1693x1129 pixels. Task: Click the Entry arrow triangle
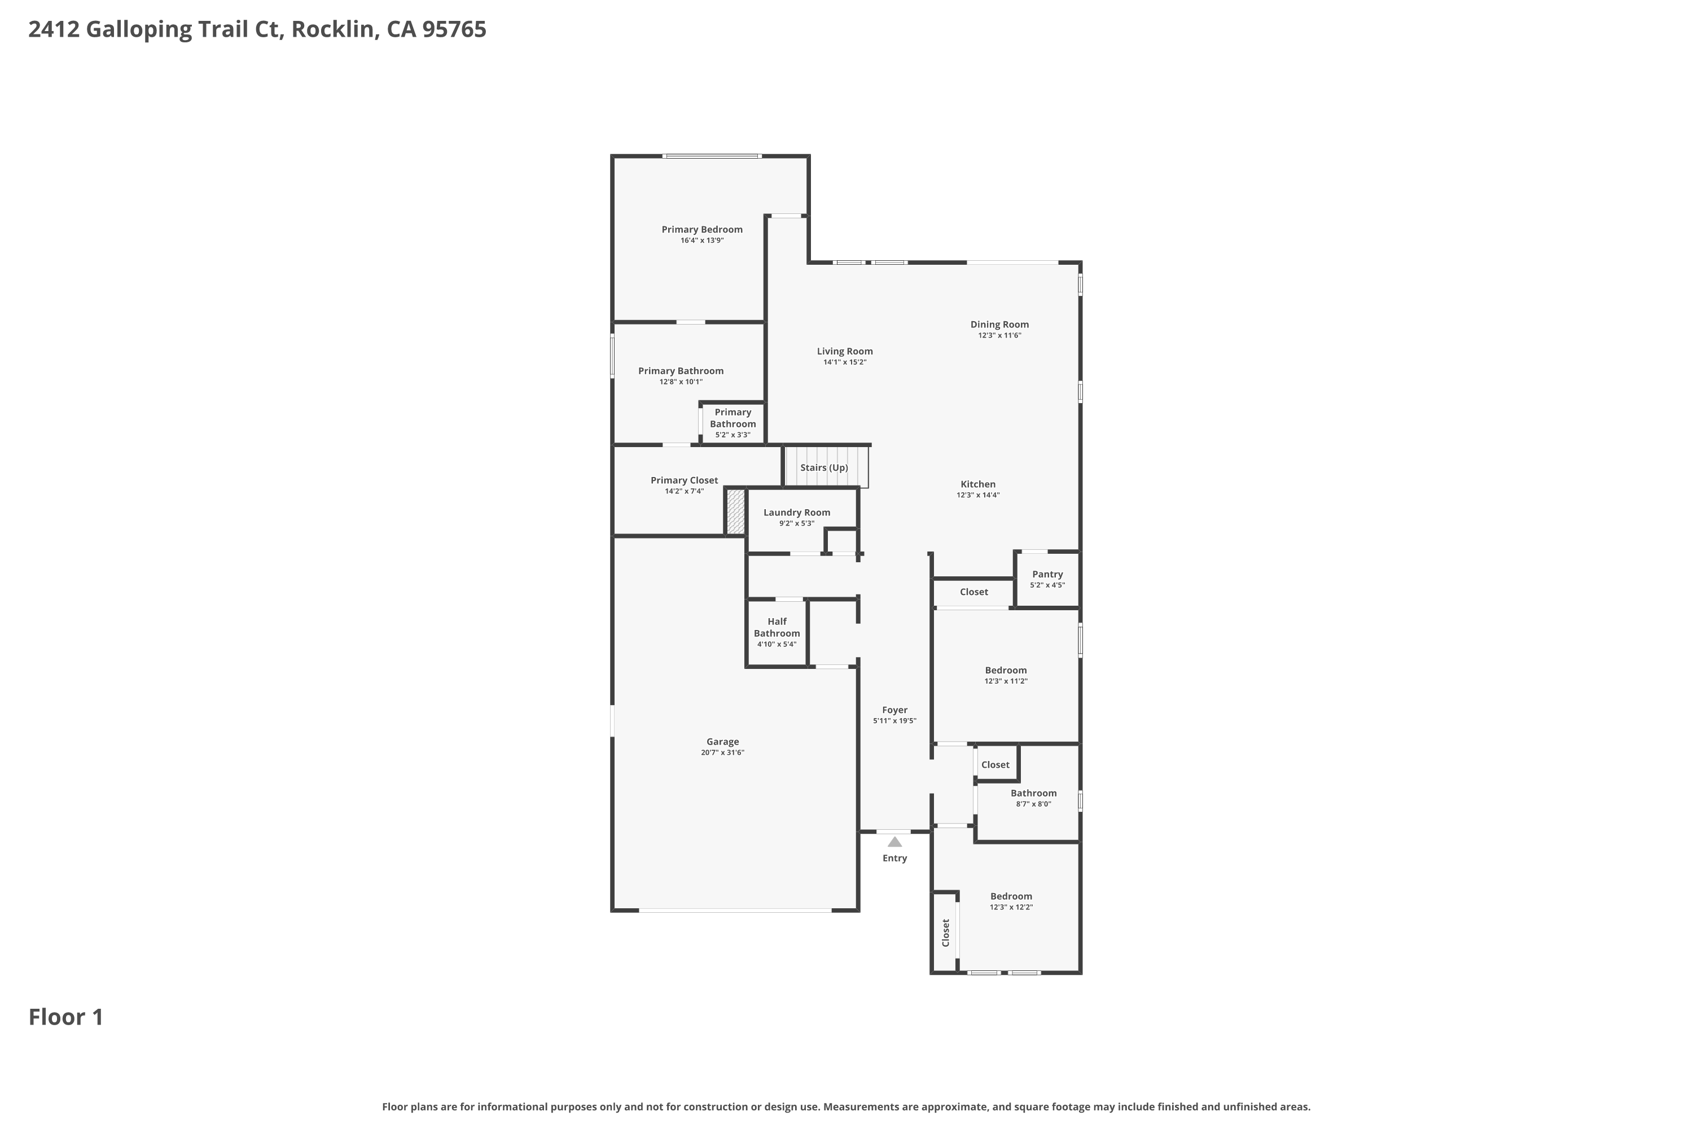[894, 842]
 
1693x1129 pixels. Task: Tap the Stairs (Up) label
[824, 467]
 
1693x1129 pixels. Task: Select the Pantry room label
[1047, 574]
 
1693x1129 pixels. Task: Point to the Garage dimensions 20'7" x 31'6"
[723, 752]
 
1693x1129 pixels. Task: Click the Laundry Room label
[797, 512]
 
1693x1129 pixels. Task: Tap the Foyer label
[894, 710]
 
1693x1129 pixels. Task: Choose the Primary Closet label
[684, 480]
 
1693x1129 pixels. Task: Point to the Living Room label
[844, 351]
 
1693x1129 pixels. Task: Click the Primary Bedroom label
[702, 230]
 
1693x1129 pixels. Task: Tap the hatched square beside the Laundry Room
[735, 512]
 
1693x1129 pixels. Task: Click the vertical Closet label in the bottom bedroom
[946, 933]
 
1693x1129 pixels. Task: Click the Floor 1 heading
[66, 1017]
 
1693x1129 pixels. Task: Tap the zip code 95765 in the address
[454, 29]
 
